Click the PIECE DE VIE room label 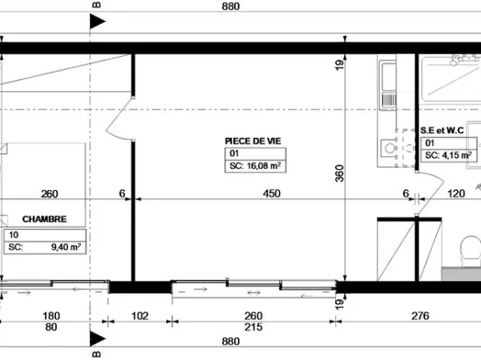coord(253,141)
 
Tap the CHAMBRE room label coord(44,219)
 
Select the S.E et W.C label coord(442,131)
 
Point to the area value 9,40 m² coord(66,247)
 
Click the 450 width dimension coord(272,193)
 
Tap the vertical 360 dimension coord(340,173)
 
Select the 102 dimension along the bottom coord(139,316)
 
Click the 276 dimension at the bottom coord(420,316)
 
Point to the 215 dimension coord(253,327)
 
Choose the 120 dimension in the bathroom coord(456,193)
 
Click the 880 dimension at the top coord(230,6)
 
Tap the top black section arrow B coord(98,22)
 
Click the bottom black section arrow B coord(98,339)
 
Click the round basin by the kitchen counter coord(390,148)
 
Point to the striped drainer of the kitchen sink coord(389,99)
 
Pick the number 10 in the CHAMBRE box coord(14,235)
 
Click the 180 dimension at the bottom coord(51,316)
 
